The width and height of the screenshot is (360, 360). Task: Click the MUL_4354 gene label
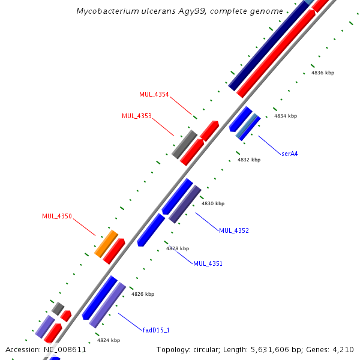coord(154,95)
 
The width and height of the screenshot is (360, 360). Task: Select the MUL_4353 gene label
coord(136,116)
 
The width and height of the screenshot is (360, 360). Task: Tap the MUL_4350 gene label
coord(57,216)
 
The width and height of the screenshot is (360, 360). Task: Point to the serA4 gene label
coord(289,154)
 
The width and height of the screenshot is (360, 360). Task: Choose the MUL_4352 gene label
coord(233,230)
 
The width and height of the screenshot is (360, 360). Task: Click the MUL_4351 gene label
coord(208,263)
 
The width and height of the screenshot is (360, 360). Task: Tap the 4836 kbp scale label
coord(322,73)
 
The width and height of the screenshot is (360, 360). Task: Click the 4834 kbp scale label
coord(285,116)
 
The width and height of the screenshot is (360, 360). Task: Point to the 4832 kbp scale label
coord(248,160)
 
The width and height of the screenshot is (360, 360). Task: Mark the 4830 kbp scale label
coord(212,203)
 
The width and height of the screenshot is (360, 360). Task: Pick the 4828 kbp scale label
coord(178,248)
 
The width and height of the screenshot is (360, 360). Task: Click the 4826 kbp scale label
coord(143,294)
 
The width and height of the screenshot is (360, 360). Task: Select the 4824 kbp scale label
coord(108,340)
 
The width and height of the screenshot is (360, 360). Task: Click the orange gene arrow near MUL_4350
coord(106,244)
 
